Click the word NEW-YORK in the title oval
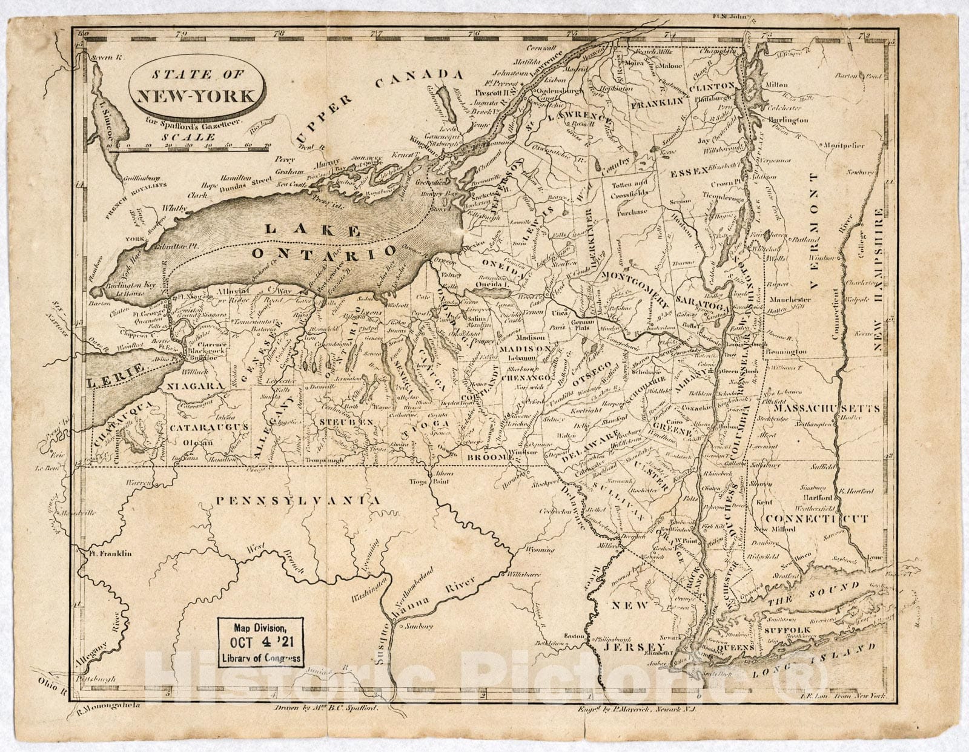pos(199,96)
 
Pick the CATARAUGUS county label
pos(209,427)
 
